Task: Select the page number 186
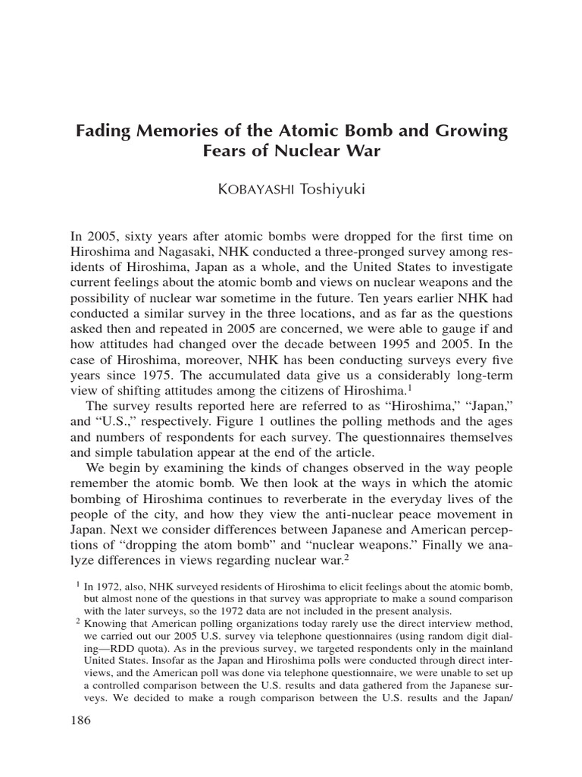click(80, 720)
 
